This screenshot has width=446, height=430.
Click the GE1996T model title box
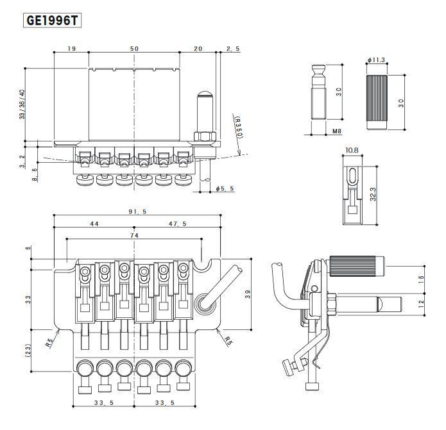(53, 20)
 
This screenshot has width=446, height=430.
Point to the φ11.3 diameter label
(376, 60)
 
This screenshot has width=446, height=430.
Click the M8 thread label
(336, 131)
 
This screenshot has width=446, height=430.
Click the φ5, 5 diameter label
(225, 188)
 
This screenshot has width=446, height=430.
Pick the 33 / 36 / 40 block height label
(24, 104)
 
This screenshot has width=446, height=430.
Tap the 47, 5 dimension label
(178, 224)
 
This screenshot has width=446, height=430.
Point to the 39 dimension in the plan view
(247, 294)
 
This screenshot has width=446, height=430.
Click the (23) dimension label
(27, 350)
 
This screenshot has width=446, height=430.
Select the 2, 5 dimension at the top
(233, 49)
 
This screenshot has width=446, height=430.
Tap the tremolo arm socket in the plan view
(203, 302)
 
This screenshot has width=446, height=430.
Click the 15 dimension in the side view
(422, 279)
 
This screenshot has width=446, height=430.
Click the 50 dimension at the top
(134, 49)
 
